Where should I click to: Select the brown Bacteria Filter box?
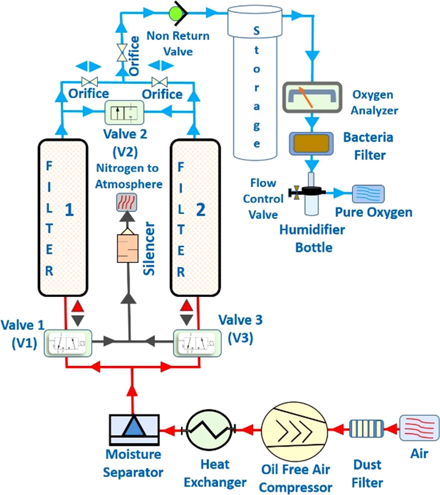pyautogui.click(x=310, y=143)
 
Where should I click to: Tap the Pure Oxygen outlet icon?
pyautogui.click(x=368, y=194)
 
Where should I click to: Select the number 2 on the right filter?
pyautogui.click(x=200, y=210)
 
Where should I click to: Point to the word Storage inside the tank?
pyautogui.click(x=256, y=87)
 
